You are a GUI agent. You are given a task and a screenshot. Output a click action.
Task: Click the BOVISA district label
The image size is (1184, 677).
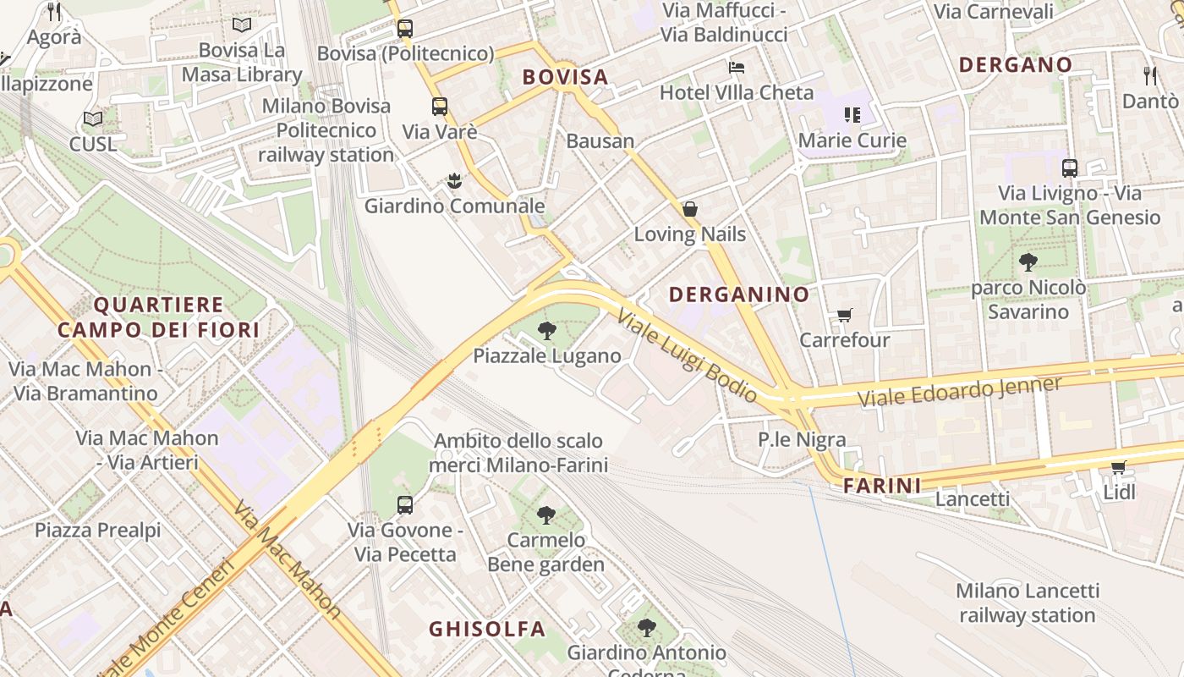point(565,77)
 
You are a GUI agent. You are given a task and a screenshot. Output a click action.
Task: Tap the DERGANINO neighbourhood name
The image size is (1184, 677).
point(739,294)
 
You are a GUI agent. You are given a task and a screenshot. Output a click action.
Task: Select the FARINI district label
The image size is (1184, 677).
point(882,486)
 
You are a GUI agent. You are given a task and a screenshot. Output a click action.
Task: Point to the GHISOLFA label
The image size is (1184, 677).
point(487,629)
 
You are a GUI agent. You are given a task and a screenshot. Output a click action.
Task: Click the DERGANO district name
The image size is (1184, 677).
point(1016,64)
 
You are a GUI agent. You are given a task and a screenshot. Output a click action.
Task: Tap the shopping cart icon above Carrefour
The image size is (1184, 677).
point(844,316)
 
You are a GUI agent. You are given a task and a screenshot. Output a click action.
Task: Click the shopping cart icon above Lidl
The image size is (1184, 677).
point(1119,467)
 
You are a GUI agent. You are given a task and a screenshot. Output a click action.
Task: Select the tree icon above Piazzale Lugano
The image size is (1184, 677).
point(547,331)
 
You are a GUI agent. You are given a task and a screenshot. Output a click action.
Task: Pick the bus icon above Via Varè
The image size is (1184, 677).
point(440,107)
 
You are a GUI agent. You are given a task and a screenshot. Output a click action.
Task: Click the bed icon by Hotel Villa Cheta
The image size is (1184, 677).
point(737,68)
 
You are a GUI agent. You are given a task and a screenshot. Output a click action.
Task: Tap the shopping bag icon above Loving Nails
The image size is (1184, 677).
point(690,209)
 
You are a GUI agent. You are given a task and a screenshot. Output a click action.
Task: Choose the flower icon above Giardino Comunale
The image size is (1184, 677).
point(455,180)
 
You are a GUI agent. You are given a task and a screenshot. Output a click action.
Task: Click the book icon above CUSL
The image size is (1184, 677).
point(93,119)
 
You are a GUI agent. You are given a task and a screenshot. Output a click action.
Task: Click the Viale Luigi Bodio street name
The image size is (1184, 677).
point(687,355)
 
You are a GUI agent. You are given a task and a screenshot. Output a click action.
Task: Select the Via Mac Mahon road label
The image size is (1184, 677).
point(288,560)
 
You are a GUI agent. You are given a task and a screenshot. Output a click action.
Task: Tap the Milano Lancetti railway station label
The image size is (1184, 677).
point(1028,603)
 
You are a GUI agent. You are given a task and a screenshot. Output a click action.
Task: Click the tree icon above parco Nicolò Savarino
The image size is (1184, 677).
point(1028,263)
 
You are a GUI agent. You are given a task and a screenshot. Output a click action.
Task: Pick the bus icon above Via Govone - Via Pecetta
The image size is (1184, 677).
point(405,505)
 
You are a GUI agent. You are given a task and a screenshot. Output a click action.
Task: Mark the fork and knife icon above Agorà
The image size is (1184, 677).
point(55,12)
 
